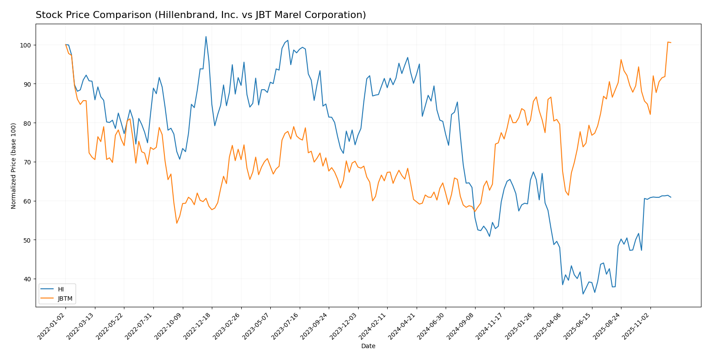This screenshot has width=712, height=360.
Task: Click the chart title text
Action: coord(200,15)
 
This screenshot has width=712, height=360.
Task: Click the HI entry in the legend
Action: coord(61,289)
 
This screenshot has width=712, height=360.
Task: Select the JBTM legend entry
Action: coord(65,298)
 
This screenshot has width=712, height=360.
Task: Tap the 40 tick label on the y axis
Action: coord(27,279)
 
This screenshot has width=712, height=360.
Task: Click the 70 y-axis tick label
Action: coord(27,162)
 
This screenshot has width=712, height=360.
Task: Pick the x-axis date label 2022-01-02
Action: coord(51,327)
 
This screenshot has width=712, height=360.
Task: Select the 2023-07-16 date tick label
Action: coord(285,327)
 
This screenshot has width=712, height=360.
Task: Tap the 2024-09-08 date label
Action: coord(460,327)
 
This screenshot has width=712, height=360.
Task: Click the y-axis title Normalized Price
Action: coord(14,166)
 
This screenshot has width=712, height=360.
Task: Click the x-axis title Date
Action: coord(368,346)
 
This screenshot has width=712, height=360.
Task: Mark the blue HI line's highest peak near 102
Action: coord(206,36)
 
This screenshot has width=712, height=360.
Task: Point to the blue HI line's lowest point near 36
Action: coord(583,294)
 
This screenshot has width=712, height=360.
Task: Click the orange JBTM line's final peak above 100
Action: coord(668,42)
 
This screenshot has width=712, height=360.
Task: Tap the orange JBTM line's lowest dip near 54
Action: coord(177,223)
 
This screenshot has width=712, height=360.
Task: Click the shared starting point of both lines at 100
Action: coord(65,45)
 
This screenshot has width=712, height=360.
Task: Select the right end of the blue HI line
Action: coord(671,197)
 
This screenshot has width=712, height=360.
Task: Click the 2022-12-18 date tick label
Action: coord(197,327)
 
